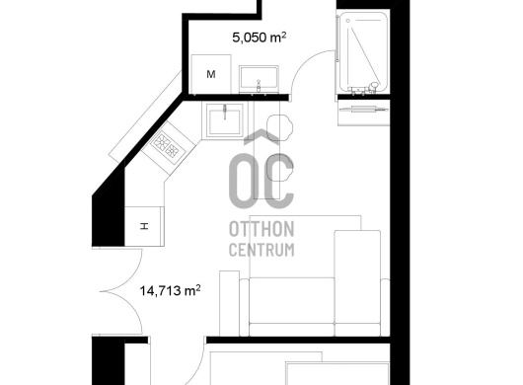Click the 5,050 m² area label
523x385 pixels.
tap(260, 38)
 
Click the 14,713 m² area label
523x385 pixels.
tap(170, 290)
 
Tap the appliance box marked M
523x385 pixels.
tap(211, 74)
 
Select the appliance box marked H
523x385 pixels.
tap(144, 226)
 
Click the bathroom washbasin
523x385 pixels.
tap(259, 79)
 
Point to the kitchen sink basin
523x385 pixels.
tap(224, 119)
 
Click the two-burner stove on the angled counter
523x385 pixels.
tap(169, 145)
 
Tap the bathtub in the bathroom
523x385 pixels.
tap(363, 51)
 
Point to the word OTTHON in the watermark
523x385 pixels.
tap(261, 229)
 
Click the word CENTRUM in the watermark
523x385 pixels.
tap(261, 249)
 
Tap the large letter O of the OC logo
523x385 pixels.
tap(241, 181)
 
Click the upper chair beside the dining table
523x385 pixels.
tap(280, 127)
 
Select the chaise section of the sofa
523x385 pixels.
tap(357, 283)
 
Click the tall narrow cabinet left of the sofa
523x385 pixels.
tap(230, 303)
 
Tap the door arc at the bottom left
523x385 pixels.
tap(193, 362)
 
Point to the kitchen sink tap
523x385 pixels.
tap(225, 112)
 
